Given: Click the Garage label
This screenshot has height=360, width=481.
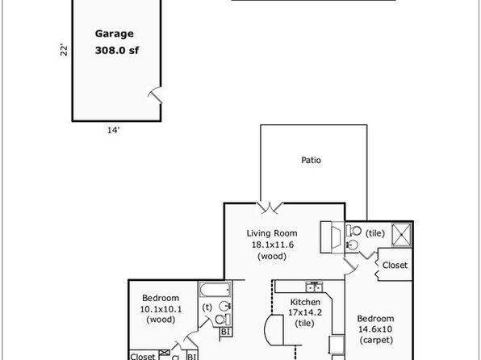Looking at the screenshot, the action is pyautogui.click(x=114, y=34).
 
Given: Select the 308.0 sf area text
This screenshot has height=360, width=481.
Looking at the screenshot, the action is pyautogui.click(x=117, y=50).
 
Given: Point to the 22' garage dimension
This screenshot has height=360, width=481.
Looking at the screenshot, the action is pyautogui.click(x=64, y=50).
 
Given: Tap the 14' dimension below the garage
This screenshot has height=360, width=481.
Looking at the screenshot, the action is pyautogui.click(x=113, y=130).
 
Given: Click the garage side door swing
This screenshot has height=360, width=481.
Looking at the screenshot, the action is pyautogui.click(x=156, y=95).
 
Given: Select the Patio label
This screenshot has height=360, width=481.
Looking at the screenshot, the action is pyautogui.click(x=311, y=160).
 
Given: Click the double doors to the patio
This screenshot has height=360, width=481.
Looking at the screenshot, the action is pyautogui.click(x=270, y=207).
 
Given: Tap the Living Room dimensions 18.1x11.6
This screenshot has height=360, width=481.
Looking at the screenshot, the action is pyautogui.click(x=273, y=245).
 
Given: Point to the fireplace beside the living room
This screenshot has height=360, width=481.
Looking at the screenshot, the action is pyautogui.click(x=333, y=237).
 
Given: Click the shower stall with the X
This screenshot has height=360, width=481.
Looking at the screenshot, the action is pyautogui.click(x=402, y=235).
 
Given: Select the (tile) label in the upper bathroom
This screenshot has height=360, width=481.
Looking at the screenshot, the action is pyautogui.click(x=374, y=233).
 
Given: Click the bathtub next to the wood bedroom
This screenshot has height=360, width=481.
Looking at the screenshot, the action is pyautogui.click(x=215, y=290).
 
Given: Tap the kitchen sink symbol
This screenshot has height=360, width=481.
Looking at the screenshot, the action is pyautogui.click(x=314, y=287).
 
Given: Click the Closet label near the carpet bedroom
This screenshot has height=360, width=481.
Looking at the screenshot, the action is pyautogui.click(x=395, y=265).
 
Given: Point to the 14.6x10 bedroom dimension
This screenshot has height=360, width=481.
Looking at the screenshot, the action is pyautogui.click(x=375, y=329).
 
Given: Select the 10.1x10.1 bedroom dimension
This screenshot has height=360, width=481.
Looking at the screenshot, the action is pyautogui.click(x=161, y=309).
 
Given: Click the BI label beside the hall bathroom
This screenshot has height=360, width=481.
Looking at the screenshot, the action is pyautogui.click(x=225, y=332).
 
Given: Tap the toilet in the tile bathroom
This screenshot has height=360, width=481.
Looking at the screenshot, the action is pyautogui.click(x=353, y=231).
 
